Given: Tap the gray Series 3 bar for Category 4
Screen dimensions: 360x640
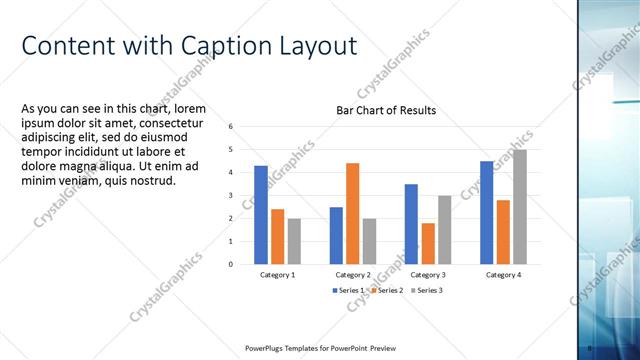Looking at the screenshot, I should tap(519, 207).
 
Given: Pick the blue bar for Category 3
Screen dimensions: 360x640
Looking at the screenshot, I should tap(411, 224).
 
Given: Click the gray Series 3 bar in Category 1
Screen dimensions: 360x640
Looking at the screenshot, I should tap(293, 241).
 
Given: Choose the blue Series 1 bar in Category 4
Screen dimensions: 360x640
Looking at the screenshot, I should tap(486, 213).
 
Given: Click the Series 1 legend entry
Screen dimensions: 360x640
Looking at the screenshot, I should tap(350, 290).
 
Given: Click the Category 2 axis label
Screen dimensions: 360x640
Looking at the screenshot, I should tap(352, 274).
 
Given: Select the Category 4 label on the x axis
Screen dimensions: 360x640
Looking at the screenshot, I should tap(503, 274).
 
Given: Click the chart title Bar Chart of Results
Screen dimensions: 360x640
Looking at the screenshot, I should tap(385, 110).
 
